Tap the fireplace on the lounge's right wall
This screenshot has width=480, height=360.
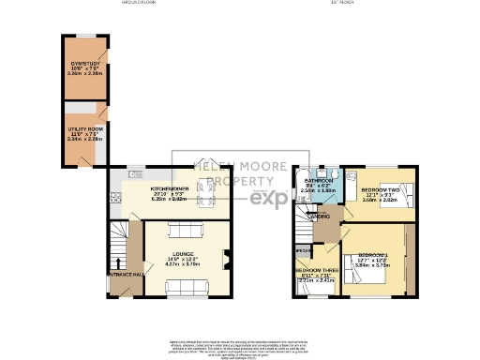click(x=225, y=260)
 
